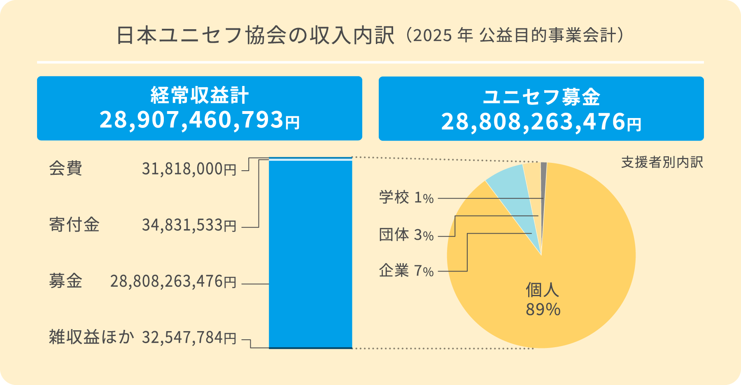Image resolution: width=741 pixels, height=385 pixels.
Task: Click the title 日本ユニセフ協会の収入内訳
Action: pos(255,36)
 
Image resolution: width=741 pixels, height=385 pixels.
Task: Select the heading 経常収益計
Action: pos(200,95)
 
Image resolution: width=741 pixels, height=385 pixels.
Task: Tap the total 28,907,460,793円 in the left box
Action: pos(200,120)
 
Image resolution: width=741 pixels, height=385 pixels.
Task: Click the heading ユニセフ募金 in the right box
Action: pos(541,97)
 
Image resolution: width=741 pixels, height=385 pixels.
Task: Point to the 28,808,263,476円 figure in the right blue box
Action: pos(541,122)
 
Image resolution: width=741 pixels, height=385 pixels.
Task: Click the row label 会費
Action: pos(65,169)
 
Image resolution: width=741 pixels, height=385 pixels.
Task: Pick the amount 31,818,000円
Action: pos(189,169)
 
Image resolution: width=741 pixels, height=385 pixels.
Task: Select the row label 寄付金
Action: pos(74,225)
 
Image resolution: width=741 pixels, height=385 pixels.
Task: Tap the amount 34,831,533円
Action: pos(189,225)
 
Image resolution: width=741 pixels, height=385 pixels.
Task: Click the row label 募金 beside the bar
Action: pos(65,281)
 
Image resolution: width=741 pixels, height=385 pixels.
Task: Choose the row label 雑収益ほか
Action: pos(91,337)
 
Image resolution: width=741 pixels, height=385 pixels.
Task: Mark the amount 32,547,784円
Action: pos(189,338)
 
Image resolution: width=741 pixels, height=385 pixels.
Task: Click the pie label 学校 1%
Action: pos(406,198)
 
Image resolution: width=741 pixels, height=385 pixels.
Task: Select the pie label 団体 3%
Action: pos(406,235)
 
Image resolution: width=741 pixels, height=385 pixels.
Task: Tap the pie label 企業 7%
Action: pos(406,271)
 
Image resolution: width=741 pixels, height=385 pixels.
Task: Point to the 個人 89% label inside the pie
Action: pos(543,299)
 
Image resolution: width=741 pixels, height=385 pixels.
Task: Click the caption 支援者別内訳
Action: pos(662,162)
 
